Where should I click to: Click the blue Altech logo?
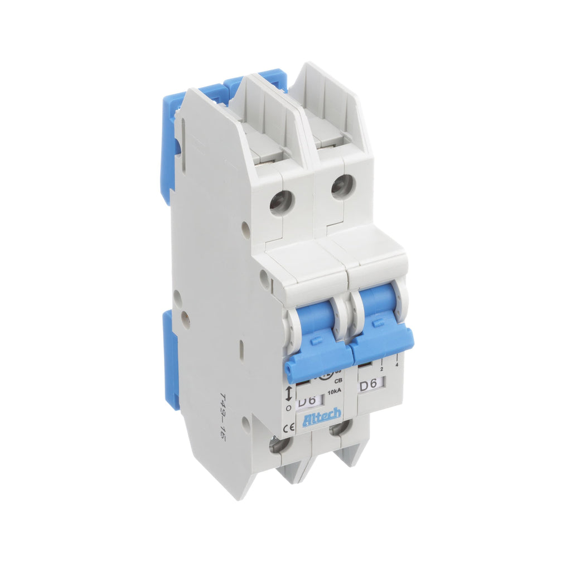tap(322, 419)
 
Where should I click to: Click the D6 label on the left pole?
tap(307, 401)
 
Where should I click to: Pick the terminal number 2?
tap(381, 369)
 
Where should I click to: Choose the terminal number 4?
tap(396, 365)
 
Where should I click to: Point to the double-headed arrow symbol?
tap(288, 394)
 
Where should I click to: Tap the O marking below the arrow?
tap(288, 408)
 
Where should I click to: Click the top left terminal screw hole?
tap(280, 202)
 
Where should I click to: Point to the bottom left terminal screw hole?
tap(276, 446)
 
